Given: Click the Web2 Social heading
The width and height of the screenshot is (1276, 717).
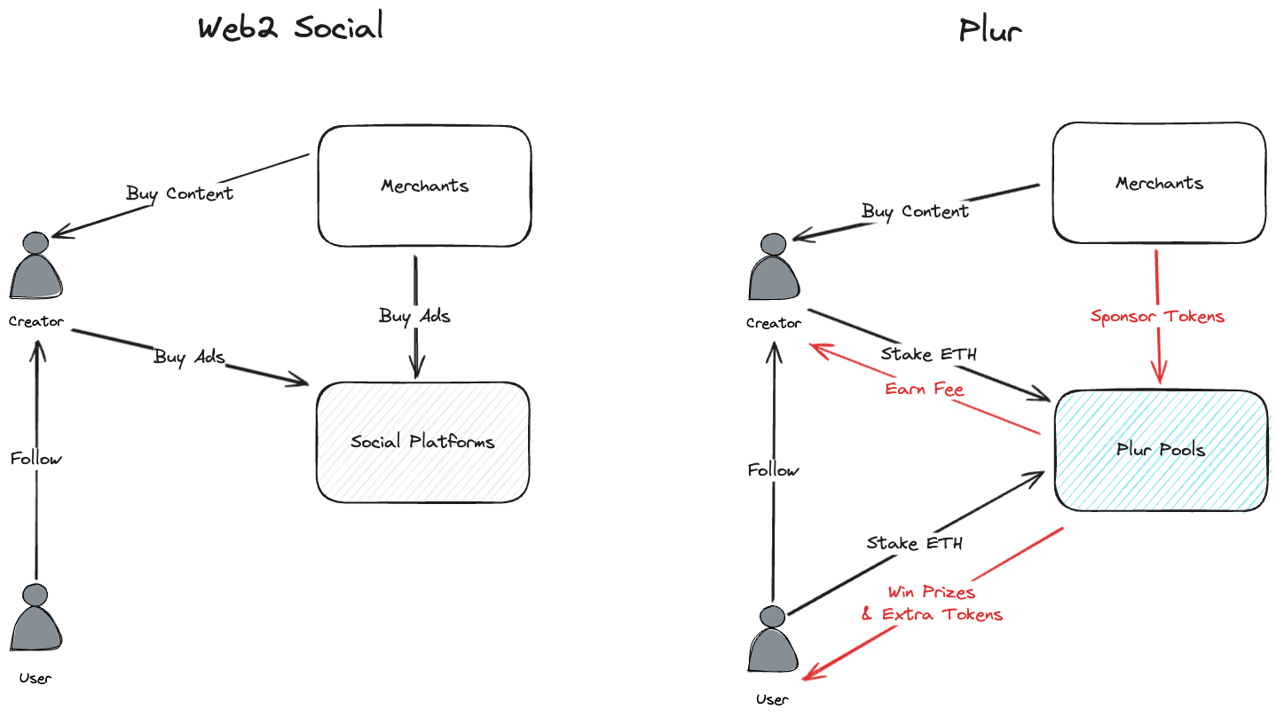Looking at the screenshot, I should click(x=290, y=28).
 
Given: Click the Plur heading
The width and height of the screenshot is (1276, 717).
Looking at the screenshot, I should click(x=989, y=31).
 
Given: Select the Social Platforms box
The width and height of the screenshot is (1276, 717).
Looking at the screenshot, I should click(x=422, y=442).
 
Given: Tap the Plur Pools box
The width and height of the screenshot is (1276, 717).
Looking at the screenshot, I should click(x=1160, y=450).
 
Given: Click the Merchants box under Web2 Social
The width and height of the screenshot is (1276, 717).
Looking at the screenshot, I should click(x=424, y=186).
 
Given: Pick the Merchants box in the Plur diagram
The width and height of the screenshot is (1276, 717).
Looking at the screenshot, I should click(x=1159, y=184).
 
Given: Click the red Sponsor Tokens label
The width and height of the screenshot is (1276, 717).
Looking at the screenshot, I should click(x=1157, y=316).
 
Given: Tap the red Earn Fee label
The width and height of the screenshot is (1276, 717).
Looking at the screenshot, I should click(x=924, y=389).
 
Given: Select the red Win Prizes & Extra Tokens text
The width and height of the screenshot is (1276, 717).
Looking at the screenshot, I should click(x=932, y=603).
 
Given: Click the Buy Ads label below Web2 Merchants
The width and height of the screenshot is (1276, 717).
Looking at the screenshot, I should click(x=414, y=316).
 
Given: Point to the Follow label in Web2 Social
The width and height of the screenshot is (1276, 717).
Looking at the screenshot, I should click(x=36, y=459).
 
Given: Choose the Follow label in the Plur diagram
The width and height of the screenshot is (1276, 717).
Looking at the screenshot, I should click(x=773, y=470).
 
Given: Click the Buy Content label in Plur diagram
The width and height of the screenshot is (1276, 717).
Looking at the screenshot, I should click(x=915, y=211).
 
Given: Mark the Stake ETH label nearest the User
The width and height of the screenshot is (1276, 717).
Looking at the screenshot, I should click(x=914, y=543).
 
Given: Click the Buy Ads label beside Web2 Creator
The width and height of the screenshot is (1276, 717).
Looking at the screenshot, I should click(x=189, y=357).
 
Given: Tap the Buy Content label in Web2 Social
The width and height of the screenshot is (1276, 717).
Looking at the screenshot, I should click(x=179, y=193).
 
